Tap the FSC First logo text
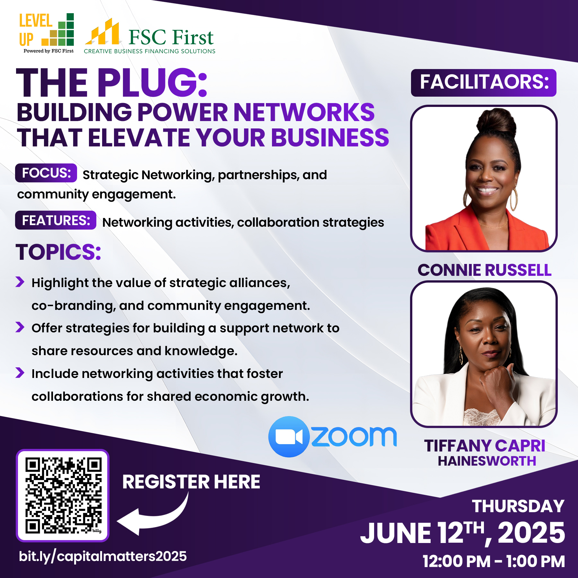point(171,37)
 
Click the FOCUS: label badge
point(46,173)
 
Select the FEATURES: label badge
point(56,220)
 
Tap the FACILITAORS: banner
point(484,83)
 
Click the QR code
point(63,495)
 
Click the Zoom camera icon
point(289,437)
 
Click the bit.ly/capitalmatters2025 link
point(103,556)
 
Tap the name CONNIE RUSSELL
point(484,270)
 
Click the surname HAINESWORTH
point(487,461)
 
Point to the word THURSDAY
point(518,506)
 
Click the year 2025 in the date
point(531,533)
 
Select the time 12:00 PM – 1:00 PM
point(494,561)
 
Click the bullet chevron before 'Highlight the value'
point(20,282)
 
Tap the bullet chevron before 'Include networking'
point(20,372)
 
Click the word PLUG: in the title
point(152,83)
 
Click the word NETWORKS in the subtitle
point(304,112)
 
